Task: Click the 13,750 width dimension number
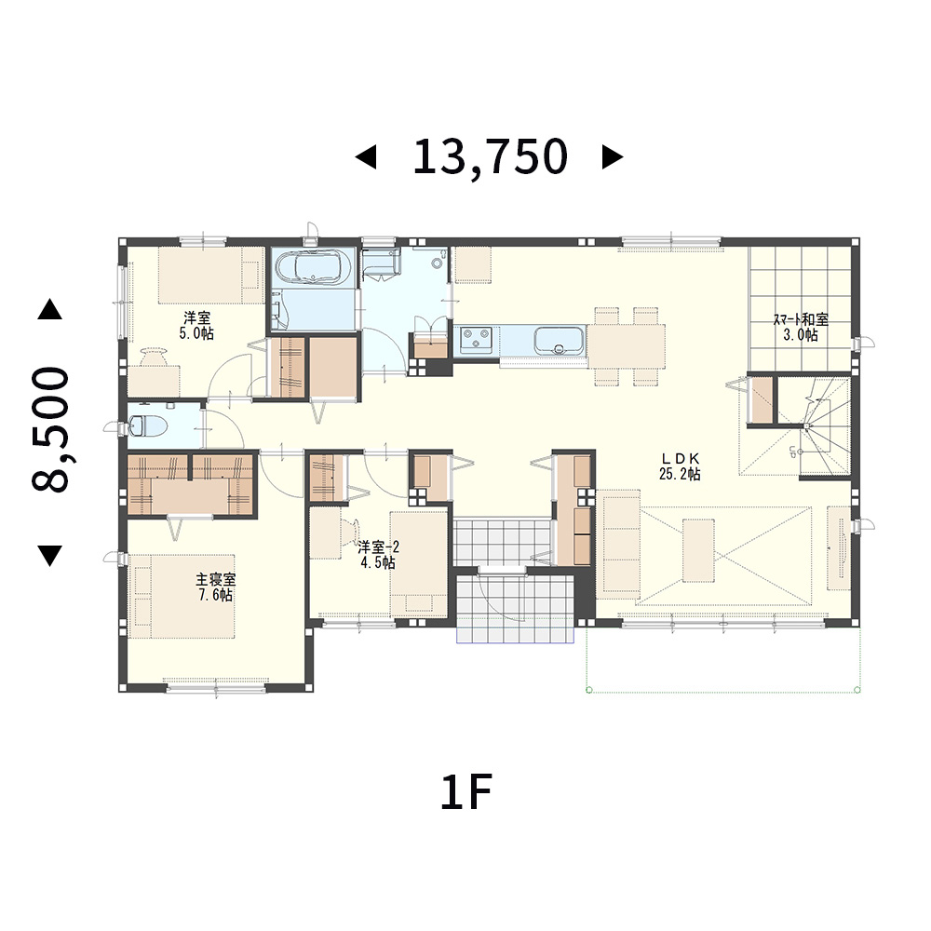(490, 156)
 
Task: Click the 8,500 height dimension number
(50, 429)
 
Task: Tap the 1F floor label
(466, 792)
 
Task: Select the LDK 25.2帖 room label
(680, 466)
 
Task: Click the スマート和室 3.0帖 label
(801, 327)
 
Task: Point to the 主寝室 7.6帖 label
(216, 587)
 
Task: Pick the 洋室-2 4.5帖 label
(378, 555)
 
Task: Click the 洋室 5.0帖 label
(196, 325)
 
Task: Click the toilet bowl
(142, 425)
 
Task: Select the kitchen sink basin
(558, 341)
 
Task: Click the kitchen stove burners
(476, 340)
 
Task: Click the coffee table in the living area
(698, 550)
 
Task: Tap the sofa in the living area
(622, 541)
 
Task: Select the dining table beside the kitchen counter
(627, 346)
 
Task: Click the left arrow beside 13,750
(366, 157)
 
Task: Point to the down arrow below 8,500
(50, 555)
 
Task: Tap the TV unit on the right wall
(840, 548)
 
